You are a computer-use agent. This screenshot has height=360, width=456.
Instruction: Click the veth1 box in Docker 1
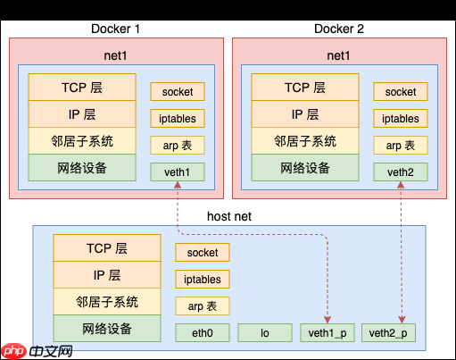tap(178, 171)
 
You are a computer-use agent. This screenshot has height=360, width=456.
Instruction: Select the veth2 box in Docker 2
tap(401, 171)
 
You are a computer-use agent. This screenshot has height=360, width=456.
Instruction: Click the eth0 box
tap(203, 333)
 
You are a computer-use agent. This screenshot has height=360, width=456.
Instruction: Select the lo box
tap(265, 333)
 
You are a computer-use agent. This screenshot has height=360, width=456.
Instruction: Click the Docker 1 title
tap(116, 29)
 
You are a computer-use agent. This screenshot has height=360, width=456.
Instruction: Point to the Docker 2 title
tap(340, 29)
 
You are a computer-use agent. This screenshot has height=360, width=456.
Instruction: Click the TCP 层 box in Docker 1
tap(82, 88)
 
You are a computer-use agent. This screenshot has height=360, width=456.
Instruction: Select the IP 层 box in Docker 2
tap(305, 114)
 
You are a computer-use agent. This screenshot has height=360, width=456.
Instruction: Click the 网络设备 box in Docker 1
tap(82, 167)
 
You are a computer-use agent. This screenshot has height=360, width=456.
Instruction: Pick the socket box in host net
tap(203, 253)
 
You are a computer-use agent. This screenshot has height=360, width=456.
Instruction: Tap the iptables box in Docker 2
tap(401, 118)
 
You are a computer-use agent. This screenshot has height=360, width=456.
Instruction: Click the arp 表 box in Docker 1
tap(178, 145)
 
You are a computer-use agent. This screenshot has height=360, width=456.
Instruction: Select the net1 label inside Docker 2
tap(339, 56)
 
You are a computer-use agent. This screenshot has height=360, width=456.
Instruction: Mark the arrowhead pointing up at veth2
tap(401, 185)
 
